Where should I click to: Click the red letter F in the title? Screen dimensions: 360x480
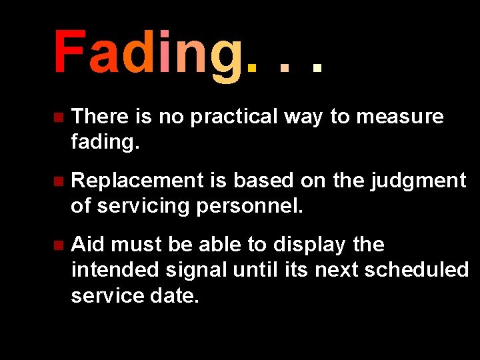(68, 53)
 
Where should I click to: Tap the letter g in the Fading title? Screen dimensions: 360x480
(227, 57)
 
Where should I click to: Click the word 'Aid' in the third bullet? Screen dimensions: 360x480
(88, 245)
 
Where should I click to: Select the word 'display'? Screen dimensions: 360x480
(309, 245)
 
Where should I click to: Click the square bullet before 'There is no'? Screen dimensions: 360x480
(58, 117)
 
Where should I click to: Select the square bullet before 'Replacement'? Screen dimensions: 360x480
(58, 181)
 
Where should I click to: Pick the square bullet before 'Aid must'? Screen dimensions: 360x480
(58, 245)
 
